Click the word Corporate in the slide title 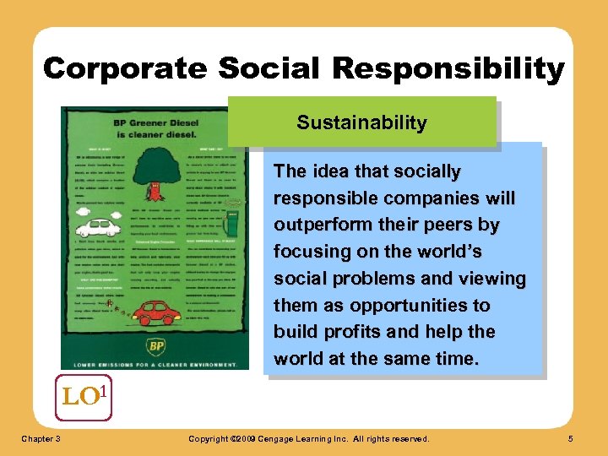point(115,68)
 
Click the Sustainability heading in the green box point(361,122)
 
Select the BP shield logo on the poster point(156,347)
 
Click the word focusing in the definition point(308,252)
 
